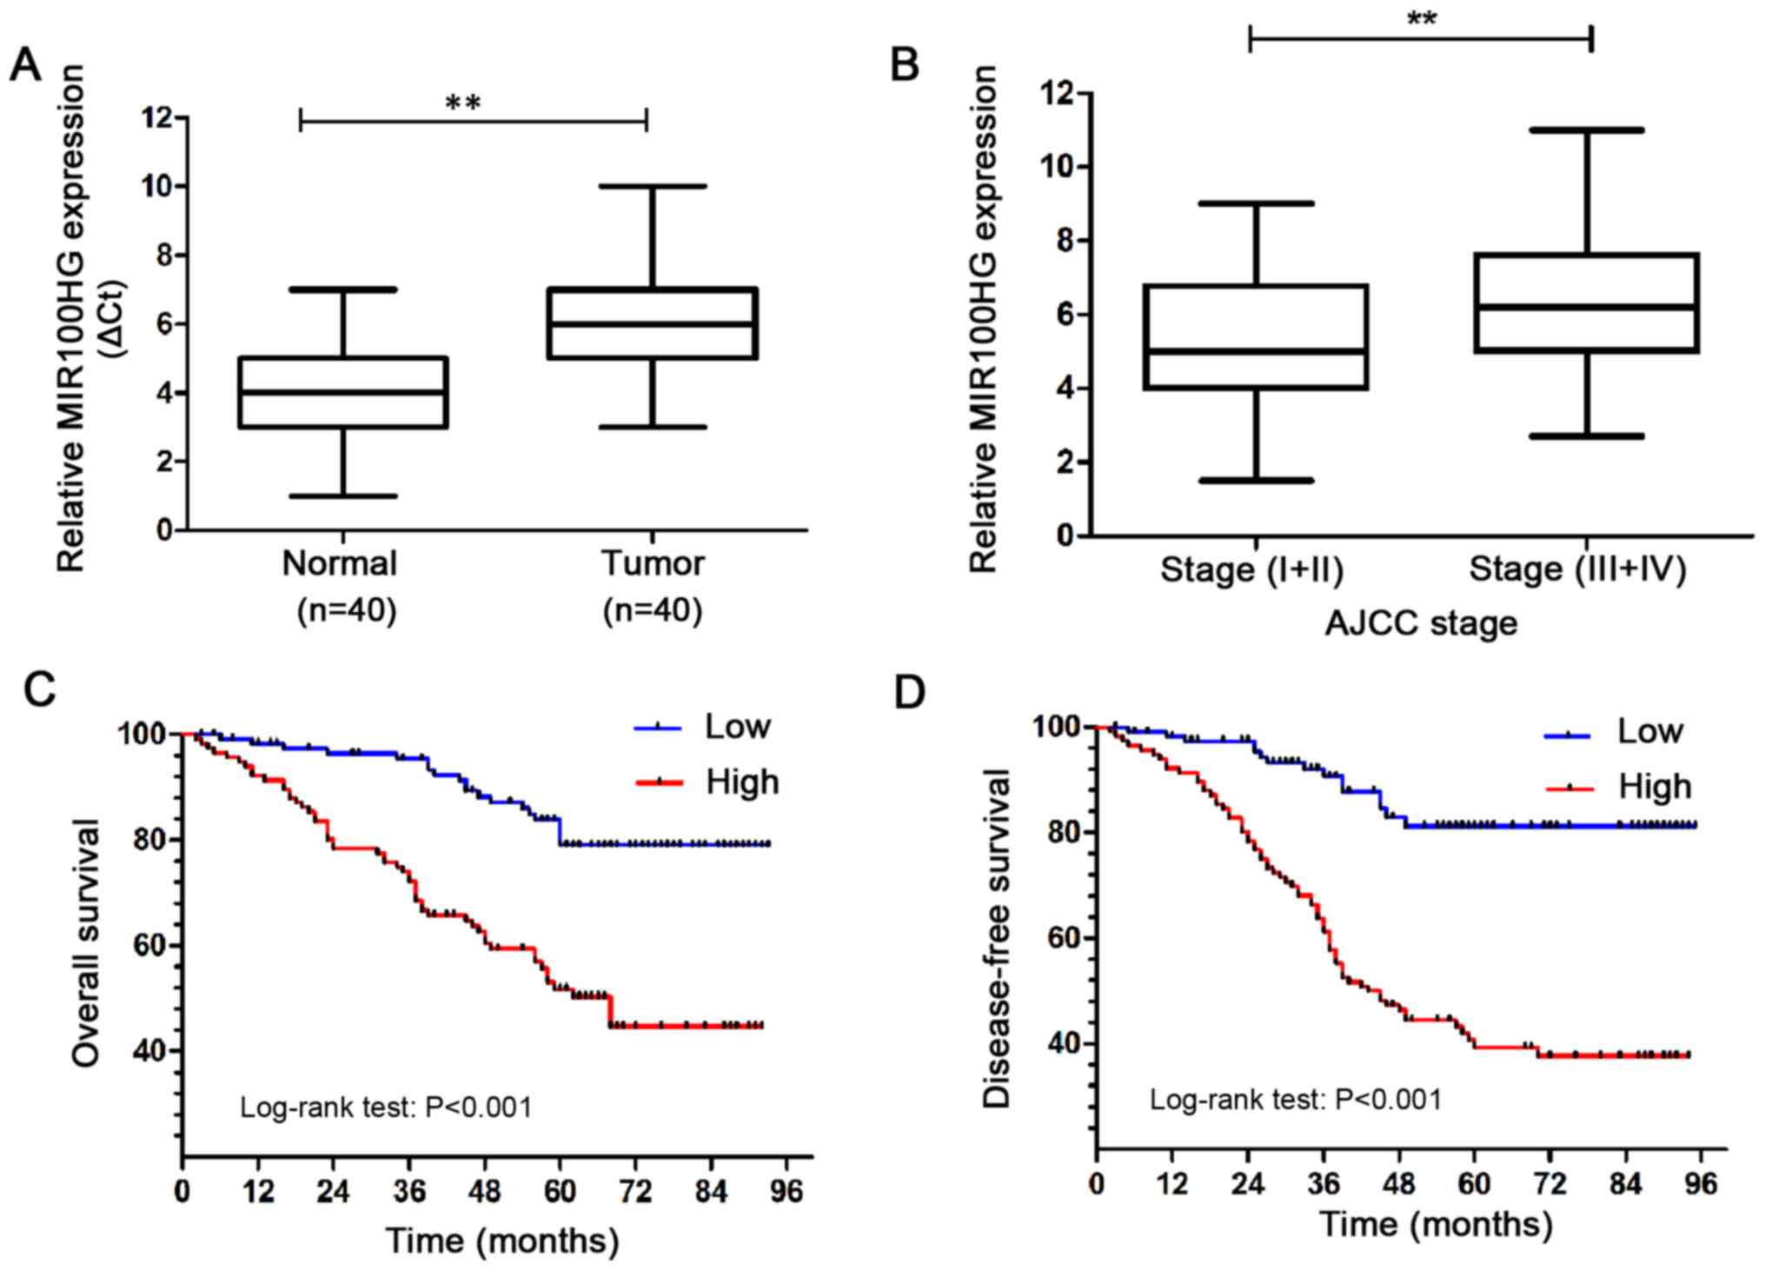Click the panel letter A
click(x=25, y=65)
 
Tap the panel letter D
click(x=909, y=694)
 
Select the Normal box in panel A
click(x=343, y=392)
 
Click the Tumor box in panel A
click(x=652, y=323)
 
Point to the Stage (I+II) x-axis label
click(x=1252, y=570)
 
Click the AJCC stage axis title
click(x=1421, y=623)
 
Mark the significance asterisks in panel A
click(x=463, y=103)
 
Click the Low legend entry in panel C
click(x=736, y=727)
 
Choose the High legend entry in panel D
click(x=1654, y=787)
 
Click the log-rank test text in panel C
click(x=386, y=1108)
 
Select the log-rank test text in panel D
click(x=1296, y=1100)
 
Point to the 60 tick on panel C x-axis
click(x=560, y=1190)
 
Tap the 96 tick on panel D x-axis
click(x=1701, y=1183)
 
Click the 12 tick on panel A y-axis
click(x=156, y=116)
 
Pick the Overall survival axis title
click(x=87, y=942)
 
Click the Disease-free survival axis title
click(x=997, y=938)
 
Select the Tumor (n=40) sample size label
click(x=653, y=610)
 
